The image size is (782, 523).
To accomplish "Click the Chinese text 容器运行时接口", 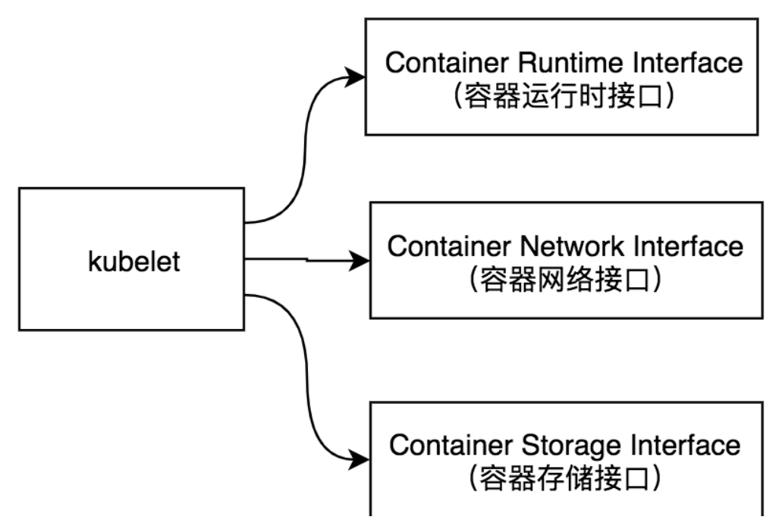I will click(564, 99).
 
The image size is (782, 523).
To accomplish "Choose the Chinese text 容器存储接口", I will click(566, 479).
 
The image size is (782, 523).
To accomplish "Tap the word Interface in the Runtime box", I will click(692, 63).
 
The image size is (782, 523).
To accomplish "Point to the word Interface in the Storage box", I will click(690, 444).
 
